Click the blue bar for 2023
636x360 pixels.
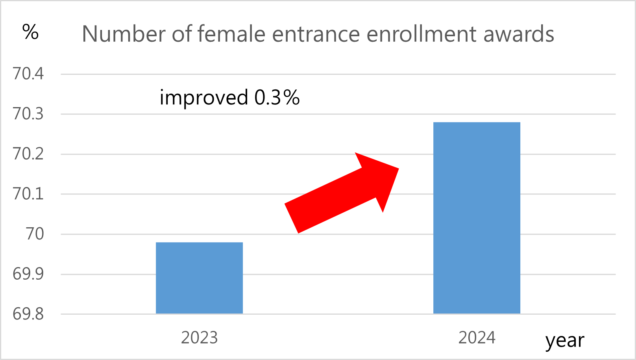[x=199, y=278]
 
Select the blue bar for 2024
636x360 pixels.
[x=477, y=218]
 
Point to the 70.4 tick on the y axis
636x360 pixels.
[x=28, y=74]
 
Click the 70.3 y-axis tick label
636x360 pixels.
[x=28, y=114]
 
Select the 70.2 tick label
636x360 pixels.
[x=28, y=154]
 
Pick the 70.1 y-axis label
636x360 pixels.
[x=28, y=194]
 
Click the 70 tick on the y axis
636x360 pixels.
[x=35, y=234]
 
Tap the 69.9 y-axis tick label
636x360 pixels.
[x=28, y=274]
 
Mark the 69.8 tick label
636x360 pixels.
[x=28, y=314]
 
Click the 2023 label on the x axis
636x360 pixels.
[x=199, y=338]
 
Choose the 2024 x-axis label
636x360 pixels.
[x=477, y=338]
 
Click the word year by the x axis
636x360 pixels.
[x=565, y=341]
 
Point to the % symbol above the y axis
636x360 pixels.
[x=30, y=32]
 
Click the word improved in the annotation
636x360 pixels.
[x=203, y=98]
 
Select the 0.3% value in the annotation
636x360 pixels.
[x=277, y=98]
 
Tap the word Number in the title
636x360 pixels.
[x=124, y=34]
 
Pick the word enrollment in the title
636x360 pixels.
[x=422, y=34]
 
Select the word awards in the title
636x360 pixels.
[x=519, y=34]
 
